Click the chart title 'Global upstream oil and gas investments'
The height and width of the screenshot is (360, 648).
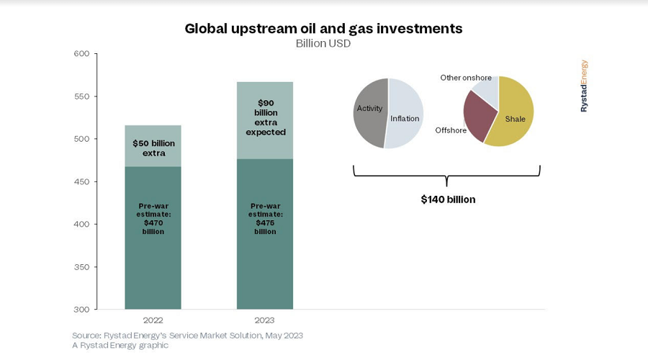[x=323, y=29]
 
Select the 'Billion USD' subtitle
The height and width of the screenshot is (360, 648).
[x=323, y=44]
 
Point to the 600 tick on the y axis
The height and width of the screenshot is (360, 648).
[x=81, y=54]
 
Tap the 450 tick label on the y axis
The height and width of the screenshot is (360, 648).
[x=81, y=181]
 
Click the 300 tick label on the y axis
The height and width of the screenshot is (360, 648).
[x=81, y=310]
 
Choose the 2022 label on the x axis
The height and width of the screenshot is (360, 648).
[x=153, y=320]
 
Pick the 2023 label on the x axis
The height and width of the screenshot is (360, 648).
[x=264, y=320]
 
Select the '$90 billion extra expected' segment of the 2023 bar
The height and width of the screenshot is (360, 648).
[x=264, y=120]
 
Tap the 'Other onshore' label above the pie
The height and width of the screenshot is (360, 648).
[x=466, y=78]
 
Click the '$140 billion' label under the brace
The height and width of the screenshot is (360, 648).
[x=448, y=199]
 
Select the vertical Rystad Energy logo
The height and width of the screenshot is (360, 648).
[x=584, y=86]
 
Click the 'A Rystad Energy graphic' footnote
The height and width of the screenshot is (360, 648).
[x=120, y=346]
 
